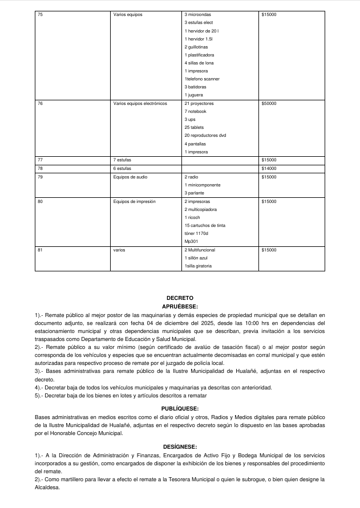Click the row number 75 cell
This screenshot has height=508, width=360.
(x=40, y=14)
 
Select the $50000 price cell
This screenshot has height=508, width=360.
(x=268, y=104)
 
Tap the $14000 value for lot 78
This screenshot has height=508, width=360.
(x=268, y=169)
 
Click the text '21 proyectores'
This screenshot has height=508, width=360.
(x=199, y=104)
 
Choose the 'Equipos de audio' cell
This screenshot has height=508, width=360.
(x=131, y=177)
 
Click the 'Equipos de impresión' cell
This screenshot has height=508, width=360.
(x=135, y=202)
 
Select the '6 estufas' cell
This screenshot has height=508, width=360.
(x=123, y=169)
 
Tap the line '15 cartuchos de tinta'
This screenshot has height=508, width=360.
(x=205, y=226)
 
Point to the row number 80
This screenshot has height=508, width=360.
(x=40, y=202)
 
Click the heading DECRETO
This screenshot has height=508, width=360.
(x=180, y=298)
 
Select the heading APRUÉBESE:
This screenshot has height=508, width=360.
(x=180, y=306)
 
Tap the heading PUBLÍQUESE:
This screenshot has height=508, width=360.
(x=180, y=408)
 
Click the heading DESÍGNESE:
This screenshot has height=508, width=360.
(x=180, y=446)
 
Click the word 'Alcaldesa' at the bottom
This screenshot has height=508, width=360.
(x=51, y=487)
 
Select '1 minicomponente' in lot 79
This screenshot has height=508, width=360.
(x=202, y=185)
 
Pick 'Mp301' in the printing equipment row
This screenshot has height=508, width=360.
(x=191, y=242)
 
